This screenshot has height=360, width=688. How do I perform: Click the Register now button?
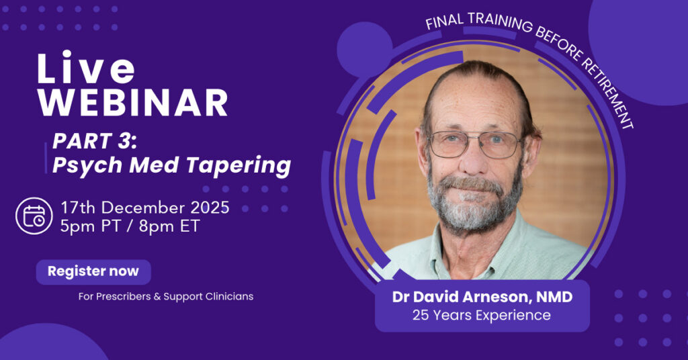click(93, 272)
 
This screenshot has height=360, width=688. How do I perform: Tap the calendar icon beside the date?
click(34, 216)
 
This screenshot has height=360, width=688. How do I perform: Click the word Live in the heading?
click(86, 68)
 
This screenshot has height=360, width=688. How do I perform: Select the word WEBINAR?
click(132, 103)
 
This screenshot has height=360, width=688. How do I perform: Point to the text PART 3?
click(95, 141)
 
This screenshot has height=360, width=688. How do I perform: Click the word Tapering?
click(239, 166)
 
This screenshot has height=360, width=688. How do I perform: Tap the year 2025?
click(212, 208)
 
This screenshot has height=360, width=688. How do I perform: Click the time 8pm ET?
click(169, 227)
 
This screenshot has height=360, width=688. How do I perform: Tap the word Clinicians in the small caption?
click(229, 296)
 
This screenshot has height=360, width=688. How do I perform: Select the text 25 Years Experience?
click(481, 315)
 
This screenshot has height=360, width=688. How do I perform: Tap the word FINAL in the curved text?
click(444, 22)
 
